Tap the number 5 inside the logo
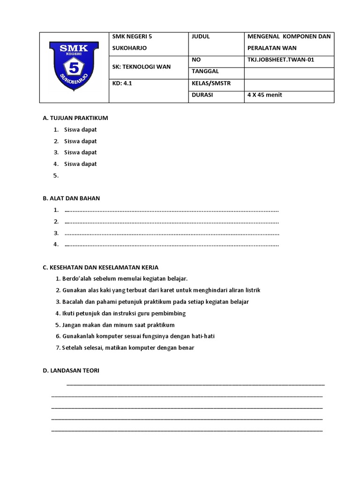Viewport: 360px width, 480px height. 74,68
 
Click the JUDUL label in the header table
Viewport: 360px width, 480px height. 201,37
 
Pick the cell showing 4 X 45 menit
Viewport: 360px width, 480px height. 265,95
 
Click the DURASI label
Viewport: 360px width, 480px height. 202,95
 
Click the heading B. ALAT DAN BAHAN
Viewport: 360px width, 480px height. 71,198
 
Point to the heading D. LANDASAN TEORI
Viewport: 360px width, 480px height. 71,371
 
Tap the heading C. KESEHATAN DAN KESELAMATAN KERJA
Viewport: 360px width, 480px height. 101,267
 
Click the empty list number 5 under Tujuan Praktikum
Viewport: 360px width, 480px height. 56,176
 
